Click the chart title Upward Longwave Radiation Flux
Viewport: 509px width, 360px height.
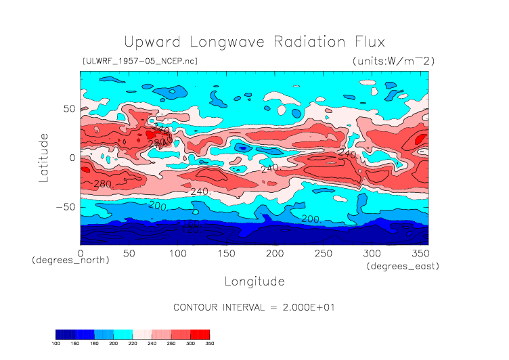click(254, 42)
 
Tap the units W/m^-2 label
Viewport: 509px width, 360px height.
click(393, 61)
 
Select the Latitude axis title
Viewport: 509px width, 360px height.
click(44, 158)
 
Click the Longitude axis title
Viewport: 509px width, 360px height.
click(255, 281)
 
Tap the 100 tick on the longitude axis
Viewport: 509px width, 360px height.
click(178, 252)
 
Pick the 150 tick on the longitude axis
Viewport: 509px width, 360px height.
click(226, 252)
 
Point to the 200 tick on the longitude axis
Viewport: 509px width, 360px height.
click(275, 252)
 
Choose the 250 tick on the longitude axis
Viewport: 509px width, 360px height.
click(323, 252)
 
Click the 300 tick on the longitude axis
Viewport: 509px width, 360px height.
click(372, 252)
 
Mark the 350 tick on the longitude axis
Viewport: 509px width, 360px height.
click(420, 252)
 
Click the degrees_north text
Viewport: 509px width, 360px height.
click(70, 260)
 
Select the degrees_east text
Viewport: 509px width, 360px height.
click(403, 267)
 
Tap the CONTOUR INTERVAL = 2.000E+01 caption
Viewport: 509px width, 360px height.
click(255, 307)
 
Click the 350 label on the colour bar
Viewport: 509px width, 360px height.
click(210, 343)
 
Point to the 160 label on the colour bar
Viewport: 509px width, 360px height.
click(76, 343)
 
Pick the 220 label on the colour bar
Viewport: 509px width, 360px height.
click(132, 343)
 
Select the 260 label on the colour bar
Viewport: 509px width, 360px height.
click(171, 343)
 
